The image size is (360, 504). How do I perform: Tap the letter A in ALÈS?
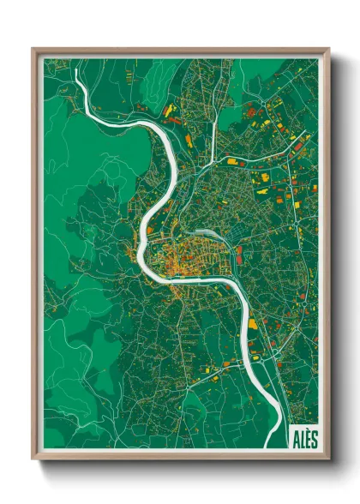[x=296, y=437]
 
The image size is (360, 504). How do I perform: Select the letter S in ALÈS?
[x=314, y=437]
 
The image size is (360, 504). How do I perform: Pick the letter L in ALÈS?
[x=302, y=437]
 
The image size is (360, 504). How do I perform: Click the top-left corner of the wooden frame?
[x=33, y=49]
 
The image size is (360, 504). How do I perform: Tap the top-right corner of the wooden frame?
[x=329, y=49]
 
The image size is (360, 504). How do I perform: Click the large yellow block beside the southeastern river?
[x=253, y=325]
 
